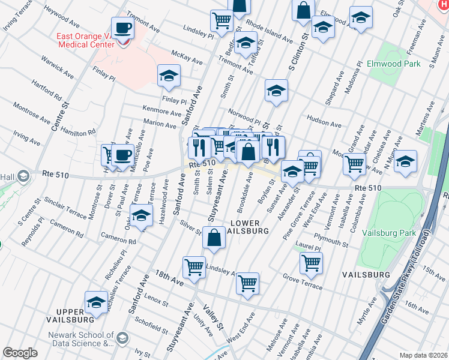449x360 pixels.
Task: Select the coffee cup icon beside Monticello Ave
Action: (122, 155)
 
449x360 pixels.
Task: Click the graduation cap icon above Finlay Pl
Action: (169, 76)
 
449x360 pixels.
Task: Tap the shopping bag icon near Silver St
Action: (214, 238)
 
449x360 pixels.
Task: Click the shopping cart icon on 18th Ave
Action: (194, 267)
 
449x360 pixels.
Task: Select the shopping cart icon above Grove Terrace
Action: (311, 262)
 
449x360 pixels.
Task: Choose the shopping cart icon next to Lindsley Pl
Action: (221, 20)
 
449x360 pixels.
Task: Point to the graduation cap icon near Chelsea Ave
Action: (405, 161)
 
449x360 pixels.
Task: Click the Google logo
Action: (20, 353)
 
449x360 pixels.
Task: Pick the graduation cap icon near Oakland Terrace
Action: (141, 217)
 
